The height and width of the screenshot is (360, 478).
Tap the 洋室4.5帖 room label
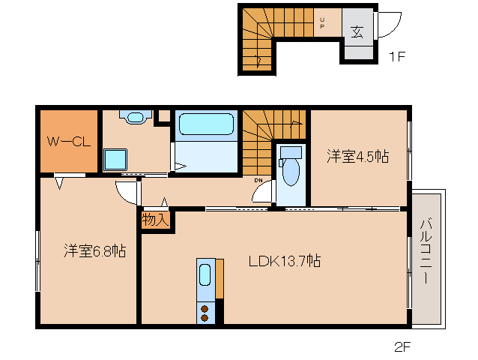[x=357, y=157]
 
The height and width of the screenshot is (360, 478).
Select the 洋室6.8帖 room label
[x=94, y=250]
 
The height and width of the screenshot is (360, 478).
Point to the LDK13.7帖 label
[x=285, y=261]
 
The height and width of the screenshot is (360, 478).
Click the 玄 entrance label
[x=357, y=31]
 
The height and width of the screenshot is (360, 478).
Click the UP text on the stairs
[x=323, y=25]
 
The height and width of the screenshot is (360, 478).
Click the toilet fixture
[x=291, y=172]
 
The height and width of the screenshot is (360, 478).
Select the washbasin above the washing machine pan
[x=136, y=118]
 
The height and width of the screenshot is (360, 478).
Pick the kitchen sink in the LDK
[x=205, y=275]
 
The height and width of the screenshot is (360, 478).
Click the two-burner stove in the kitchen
[x=204, y=313]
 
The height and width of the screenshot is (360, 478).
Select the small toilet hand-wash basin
[x=290, y=152]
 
